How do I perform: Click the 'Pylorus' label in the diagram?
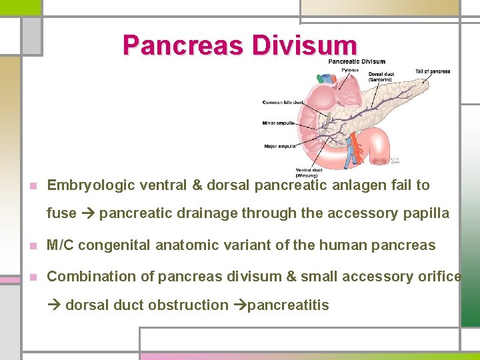click(350, 70)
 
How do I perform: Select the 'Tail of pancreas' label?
click(433, 71)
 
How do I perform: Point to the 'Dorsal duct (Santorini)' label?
click(381, 77)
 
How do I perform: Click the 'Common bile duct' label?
click(283, 103)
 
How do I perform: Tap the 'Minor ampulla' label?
click(279, 123)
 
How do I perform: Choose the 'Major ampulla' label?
click(279, 146)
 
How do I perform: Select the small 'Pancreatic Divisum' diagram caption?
click(357, 61)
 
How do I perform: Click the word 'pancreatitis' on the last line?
click(288, 305)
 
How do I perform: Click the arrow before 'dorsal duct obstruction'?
click(54, 305)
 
